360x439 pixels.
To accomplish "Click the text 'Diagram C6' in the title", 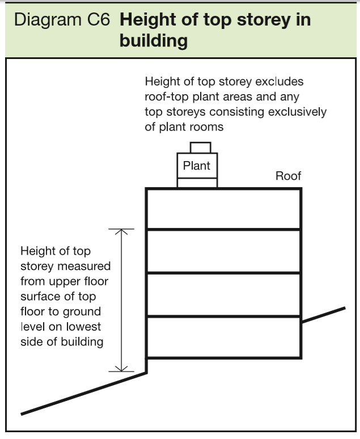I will [62, 21].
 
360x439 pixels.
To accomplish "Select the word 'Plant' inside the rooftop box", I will [197, 166].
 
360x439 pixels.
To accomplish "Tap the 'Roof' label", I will [288, 176].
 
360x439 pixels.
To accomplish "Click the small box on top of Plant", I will [200, 147].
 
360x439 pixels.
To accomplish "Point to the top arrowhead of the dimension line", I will [121, 230].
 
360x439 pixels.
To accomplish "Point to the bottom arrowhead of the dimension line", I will [121, 370].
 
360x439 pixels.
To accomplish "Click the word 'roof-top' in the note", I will [166, 97].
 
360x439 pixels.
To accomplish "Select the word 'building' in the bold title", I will [153, 41].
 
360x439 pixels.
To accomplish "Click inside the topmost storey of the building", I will [223, 208].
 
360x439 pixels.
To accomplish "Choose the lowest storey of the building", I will [223, 337].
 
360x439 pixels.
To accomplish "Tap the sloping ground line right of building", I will [323, 315].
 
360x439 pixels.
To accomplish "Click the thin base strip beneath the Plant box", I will [197, 183].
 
